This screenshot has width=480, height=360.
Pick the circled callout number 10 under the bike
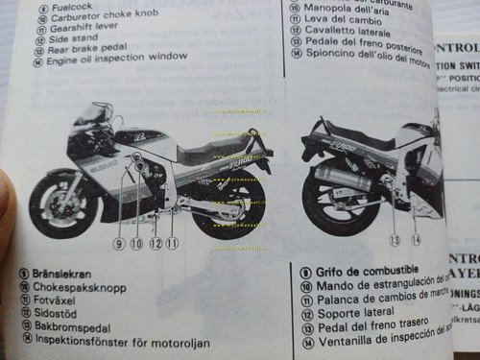click(137, 244)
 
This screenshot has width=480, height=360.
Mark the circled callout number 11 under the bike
click(172, 244)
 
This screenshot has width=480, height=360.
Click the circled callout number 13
click(394, 239)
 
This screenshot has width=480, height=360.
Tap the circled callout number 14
click(416, 239)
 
